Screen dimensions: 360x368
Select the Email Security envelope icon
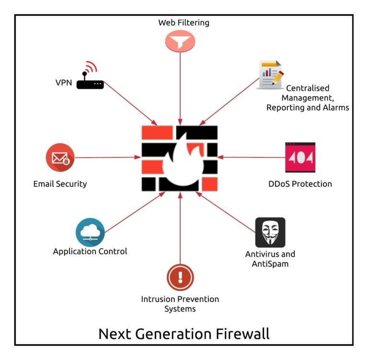coord(60,157)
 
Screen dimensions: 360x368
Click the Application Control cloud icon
coord(90,232)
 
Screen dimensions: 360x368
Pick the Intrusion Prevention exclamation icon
coord(180,276)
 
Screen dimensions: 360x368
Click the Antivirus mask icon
coord(270,232)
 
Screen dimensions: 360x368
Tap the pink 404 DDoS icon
coord(300,157)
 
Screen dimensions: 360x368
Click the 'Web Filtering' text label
coord(184,22)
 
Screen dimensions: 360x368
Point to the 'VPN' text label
coord(63,82)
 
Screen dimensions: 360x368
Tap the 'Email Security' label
coord(60,184)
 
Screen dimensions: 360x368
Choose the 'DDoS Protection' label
coord(300,184)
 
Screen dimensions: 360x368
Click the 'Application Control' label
coord(90,251)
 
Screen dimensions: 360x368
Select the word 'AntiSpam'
coord(270,263)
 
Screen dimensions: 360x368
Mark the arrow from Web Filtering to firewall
coord(180,86)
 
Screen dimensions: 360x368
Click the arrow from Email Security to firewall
coord(105,157)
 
